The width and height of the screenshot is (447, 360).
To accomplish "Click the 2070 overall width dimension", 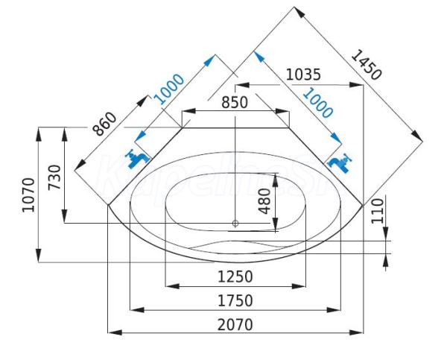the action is (x=235, y=325).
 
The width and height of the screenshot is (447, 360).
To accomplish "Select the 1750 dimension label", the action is (x=235, y=300).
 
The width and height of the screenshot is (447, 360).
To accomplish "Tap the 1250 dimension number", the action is (x=235, y=277).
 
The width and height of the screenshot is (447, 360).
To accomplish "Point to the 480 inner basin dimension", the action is (x=265, y=200).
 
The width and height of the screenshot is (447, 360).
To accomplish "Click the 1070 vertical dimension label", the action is (x=29, y=195).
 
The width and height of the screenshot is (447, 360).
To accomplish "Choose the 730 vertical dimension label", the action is (x=54, y=177).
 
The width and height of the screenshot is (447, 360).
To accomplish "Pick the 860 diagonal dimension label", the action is (x=105, y=124).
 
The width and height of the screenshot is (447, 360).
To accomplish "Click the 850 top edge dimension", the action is (x=235, y=102).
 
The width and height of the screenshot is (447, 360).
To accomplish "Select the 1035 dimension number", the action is (x=303, y=75).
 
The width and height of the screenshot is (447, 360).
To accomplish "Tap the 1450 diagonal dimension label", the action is (x=366, y=65).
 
